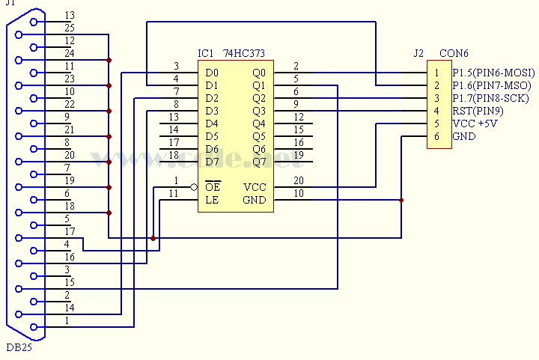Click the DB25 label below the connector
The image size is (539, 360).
(19, 347)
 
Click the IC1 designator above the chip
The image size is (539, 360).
(207, 54)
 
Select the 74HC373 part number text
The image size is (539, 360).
(243, 54)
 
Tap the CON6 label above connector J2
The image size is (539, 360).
(454, 54)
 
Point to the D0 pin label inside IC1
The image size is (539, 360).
(212, 73)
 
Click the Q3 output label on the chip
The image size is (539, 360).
(259, 112)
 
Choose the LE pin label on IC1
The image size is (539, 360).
(212, 201)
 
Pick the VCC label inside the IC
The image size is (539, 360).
(255, 188)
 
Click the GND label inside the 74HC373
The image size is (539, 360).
(255, 201)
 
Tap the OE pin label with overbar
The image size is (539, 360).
(213, 187)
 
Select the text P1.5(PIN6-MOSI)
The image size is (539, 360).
(492, 73)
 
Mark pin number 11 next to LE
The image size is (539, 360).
(174, 193)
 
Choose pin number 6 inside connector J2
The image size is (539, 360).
(436, 137)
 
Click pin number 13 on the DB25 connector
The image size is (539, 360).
(70, 15)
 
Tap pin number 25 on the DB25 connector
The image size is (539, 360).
(70, 28)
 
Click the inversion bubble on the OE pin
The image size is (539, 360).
(194, 187)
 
